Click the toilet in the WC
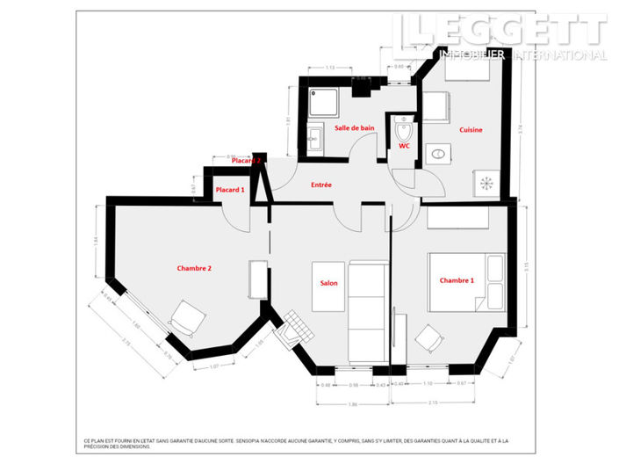pos(403,132)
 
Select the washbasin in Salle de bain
pos(314,138)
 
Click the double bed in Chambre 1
pos(465,281)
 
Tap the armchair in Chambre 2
pos(184,317)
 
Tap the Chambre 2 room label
pos(194,268)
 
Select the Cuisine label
pos(471,130)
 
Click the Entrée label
pos(320,185)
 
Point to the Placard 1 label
pos(230,190)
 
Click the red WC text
pos(404,147)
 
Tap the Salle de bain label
pos(355,128)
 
